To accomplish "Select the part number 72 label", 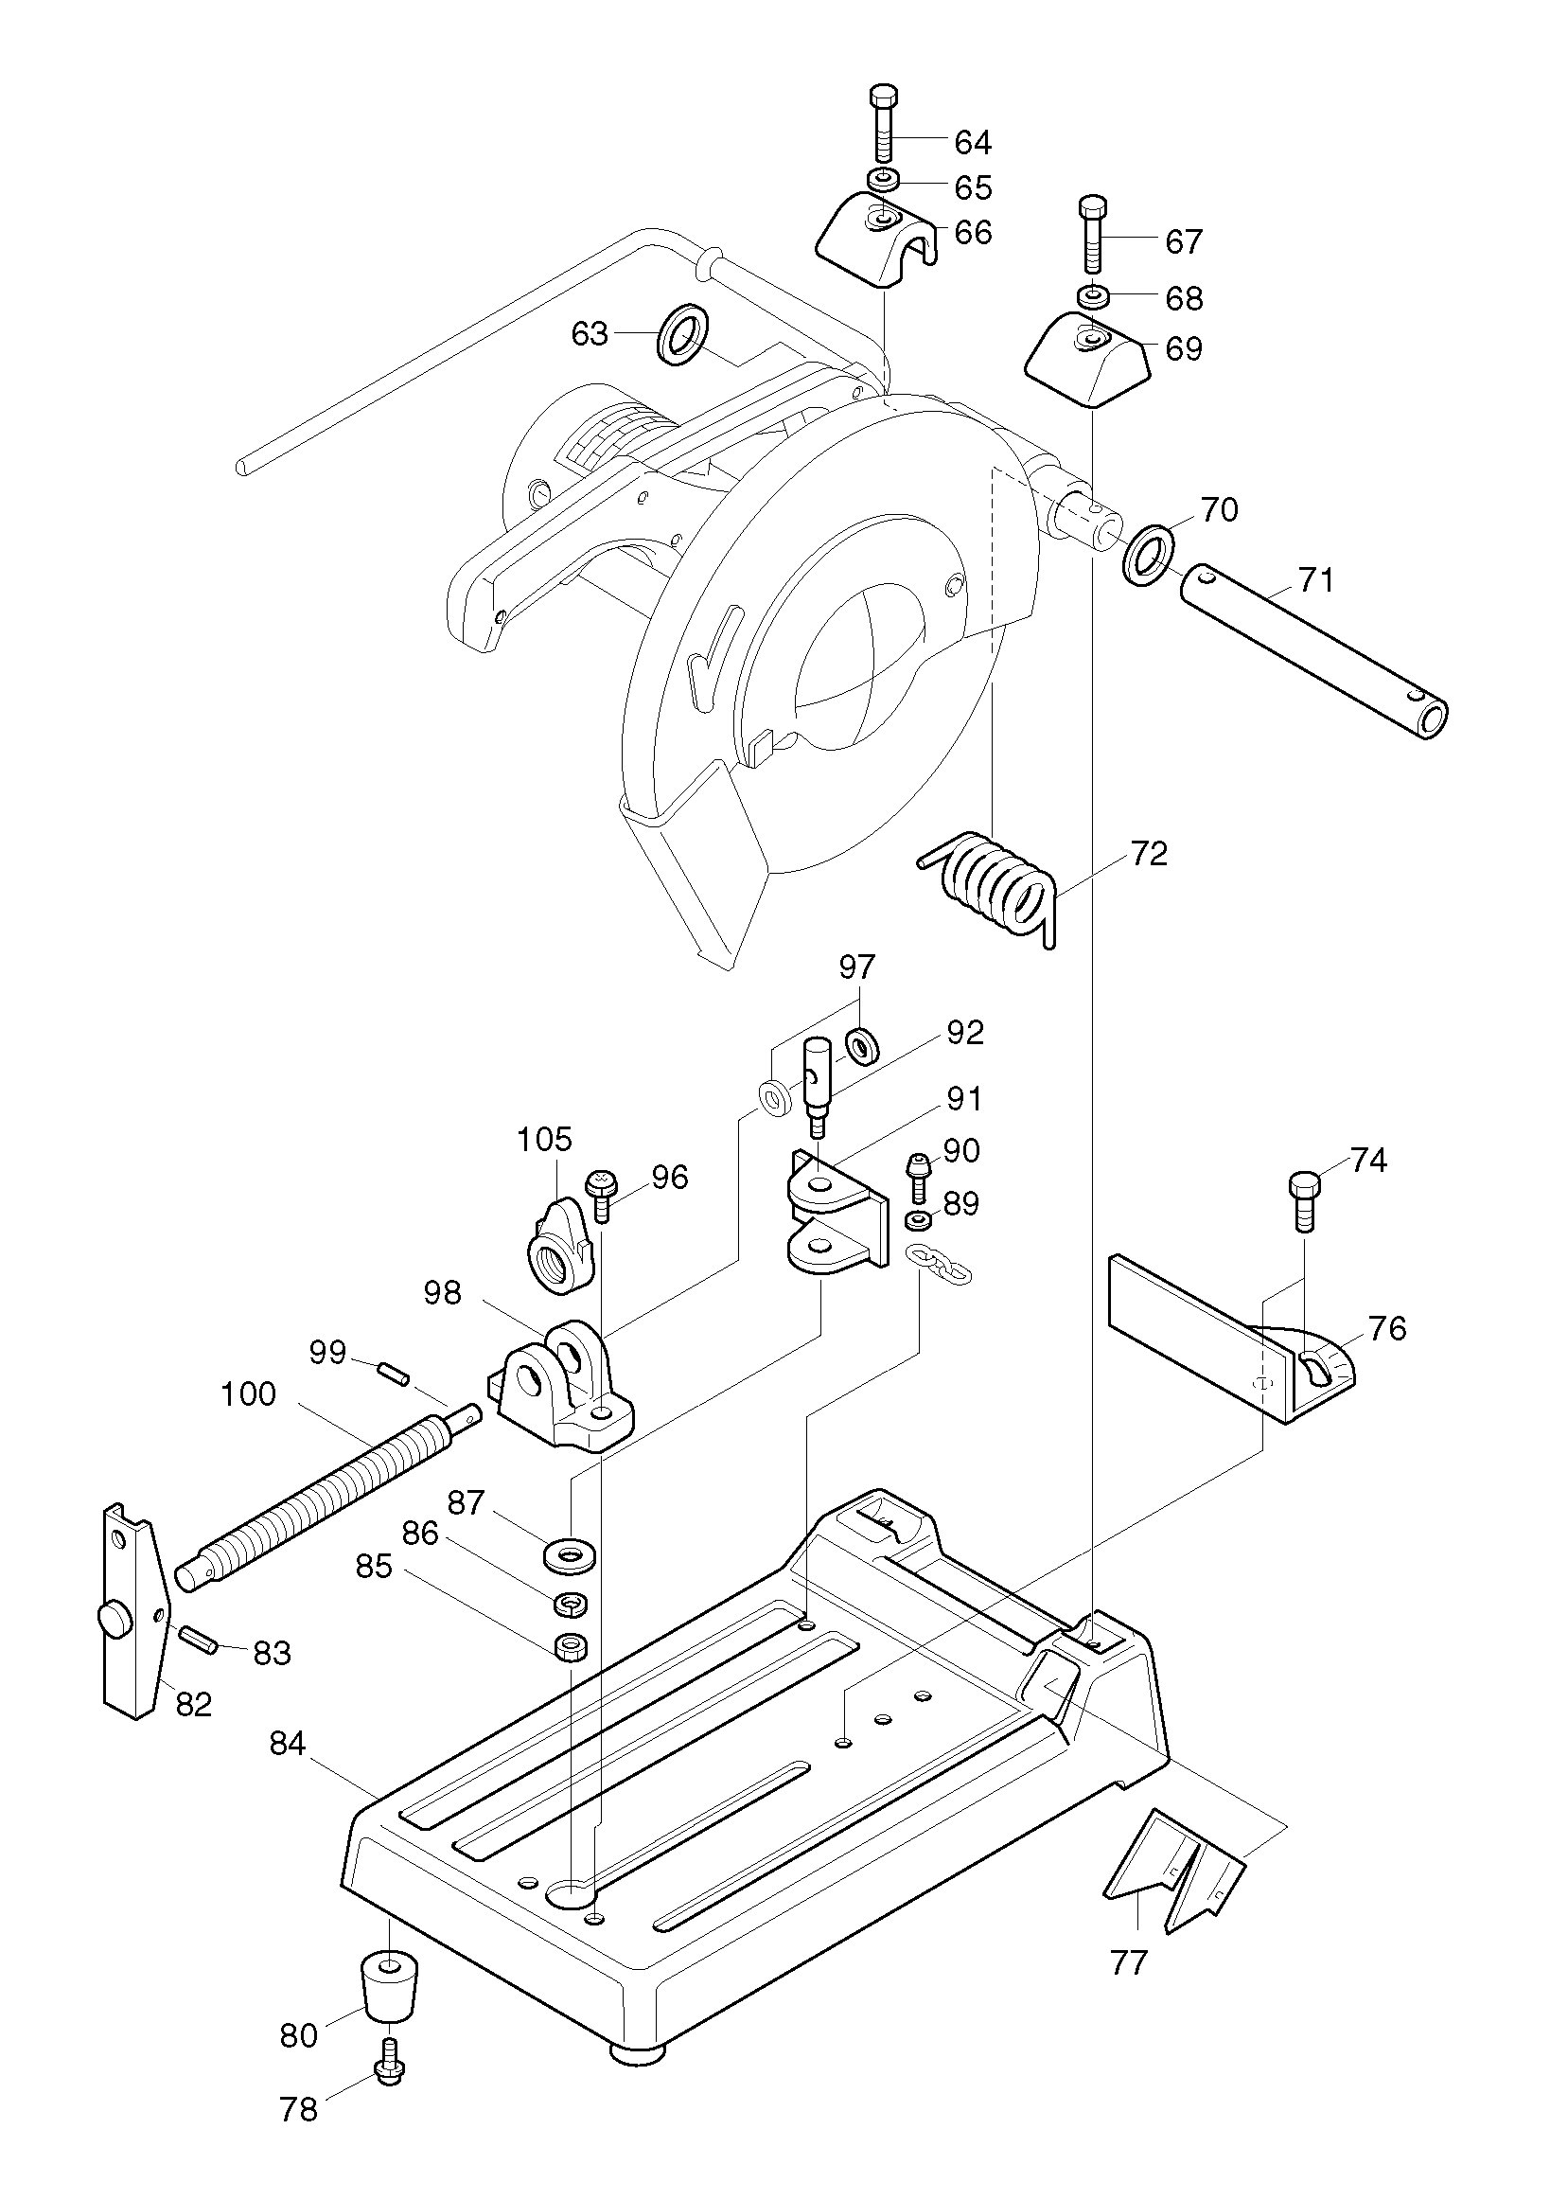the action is click(1149, 853).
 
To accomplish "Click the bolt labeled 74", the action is click(1305, 1200).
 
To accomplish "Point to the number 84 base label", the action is click(287, 1744).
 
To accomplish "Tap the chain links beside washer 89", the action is click(940, 1263).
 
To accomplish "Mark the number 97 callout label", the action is click(857, 967).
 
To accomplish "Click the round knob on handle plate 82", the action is click(114, 1619).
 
